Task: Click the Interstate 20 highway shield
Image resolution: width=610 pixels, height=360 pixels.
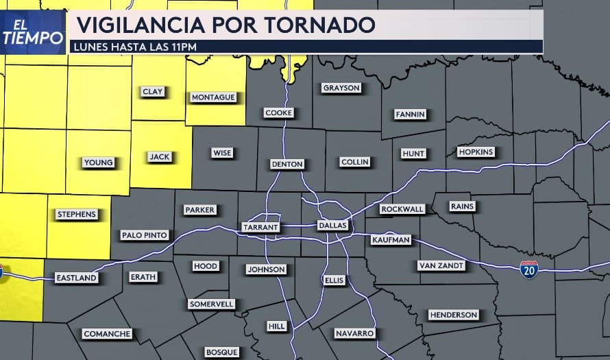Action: pos(528,269)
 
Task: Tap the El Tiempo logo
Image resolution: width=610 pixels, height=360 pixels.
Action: pos(32,32)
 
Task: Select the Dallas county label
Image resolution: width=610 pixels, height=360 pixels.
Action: pos(333,226)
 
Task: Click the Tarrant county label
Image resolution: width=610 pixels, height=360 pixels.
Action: pos(260,227)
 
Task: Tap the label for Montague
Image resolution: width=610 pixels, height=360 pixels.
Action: pos(213,97)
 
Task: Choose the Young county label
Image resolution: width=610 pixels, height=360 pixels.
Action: pos(99,163)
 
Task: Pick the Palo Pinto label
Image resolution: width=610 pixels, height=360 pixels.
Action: pos(144,235)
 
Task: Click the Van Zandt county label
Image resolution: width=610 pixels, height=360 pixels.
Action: pos(441,265)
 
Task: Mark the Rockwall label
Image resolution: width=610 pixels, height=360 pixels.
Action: pos(402,209)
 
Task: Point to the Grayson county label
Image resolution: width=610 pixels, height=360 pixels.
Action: pos(341,88)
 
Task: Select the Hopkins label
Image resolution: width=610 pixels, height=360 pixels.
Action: pos(476,152)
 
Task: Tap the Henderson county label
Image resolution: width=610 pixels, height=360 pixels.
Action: pos(453,315)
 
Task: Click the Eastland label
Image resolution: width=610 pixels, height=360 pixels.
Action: pos(76,278)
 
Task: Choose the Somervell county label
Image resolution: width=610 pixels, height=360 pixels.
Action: pos(211,304)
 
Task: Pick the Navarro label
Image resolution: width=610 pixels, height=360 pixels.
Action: pos(354,333)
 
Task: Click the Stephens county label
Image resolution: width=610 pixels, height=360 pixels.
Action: pos(76,215)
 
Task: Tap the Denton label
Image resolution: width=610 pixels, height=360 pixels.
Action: pos(287,165)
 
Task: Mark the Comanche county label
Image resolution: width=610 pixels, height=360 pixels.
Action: pos(107,334)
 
